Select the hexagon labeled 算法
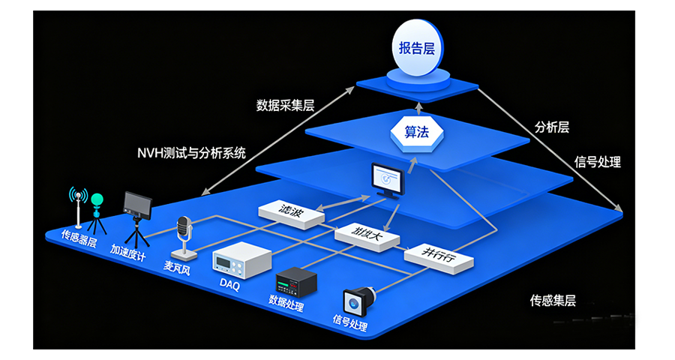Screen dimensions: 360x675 416,132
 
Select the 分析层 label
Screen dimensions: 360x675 551,127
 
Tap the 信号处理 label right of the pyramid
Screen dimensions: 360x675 597,161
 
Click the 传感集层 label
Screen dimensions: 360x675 553,301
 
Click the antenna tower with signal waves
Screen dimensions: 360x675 78,207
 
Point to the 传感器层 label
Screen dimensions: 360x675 78,238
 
